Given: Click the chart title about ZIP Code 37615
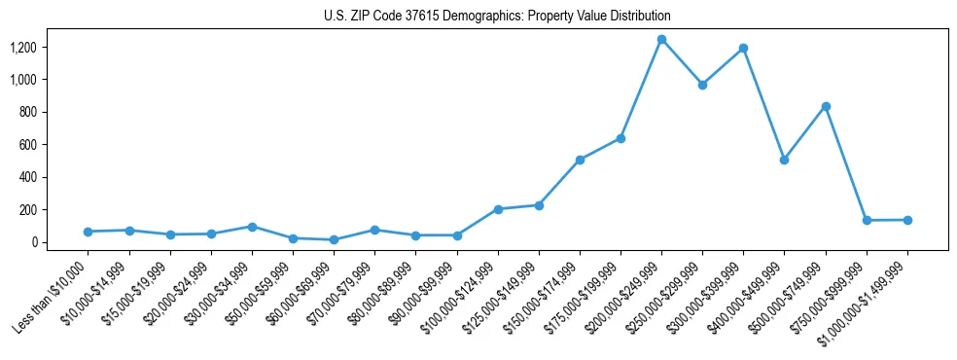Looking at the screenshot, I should (x=497, y=17).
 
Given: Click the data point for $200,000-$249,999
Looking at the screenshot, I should (x=661, y=40).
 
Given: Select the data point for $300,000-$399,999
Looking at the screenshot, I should (x=744, y=48).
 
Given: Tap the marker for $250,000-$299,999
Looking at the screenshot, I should (x=702, y=85).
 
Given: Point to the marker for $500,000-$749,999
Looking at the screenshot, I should (x=826, y=106).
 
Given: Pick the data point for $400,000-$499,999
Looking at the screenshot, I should (x=784, y=160).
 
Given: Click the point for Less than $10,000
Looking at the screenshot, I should (x=88, y=232).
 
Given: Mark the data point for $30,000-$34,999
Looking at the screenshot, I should (x=252, y=227).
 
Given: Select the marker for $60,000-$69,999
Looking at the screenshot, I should (x=334, y=239).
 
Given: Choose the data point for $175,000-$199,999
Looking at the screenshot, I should (x=620, y=138).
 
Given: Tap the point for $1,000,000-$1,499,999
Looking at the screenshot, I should (x=907, y=220).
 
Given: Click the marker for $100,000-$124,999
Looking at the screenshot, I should (x=498, y=209).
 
